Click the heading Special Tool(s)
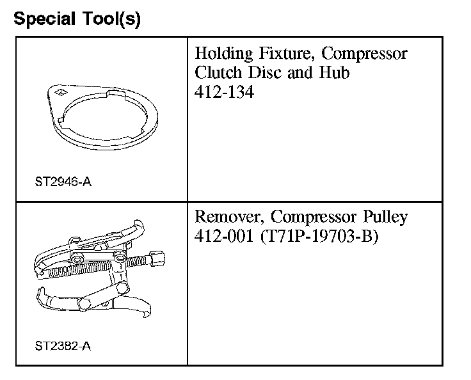[77, 19]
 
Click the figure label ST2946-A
[63, 182]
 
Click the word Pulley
[383, 216]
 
